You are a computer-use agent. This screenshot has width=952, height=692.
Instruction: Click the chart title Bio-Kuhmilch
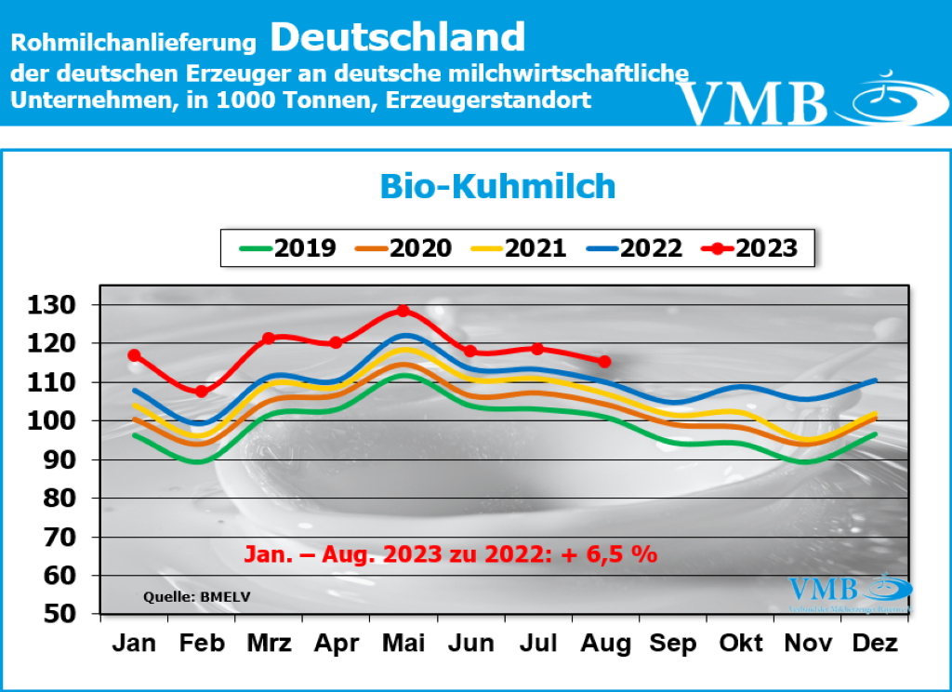497,186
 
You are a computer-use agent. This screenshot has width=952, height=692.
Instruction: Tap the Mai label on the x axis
403,644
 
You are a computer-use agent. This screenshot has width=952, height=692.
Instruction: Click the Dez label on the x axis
875,644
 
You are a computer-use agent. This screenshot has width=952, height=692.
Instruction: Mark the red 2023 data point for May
403,311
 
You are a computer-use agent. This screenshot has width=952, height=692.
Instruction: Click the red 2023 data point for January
135,355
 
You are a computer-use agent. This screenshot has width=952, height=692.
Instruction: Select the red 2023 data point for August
604,361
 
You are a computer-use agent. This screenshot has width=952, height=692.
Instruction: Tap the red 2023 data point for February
201,392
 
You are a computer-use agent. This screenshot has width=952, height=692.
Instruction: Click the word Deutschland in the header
399,37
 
